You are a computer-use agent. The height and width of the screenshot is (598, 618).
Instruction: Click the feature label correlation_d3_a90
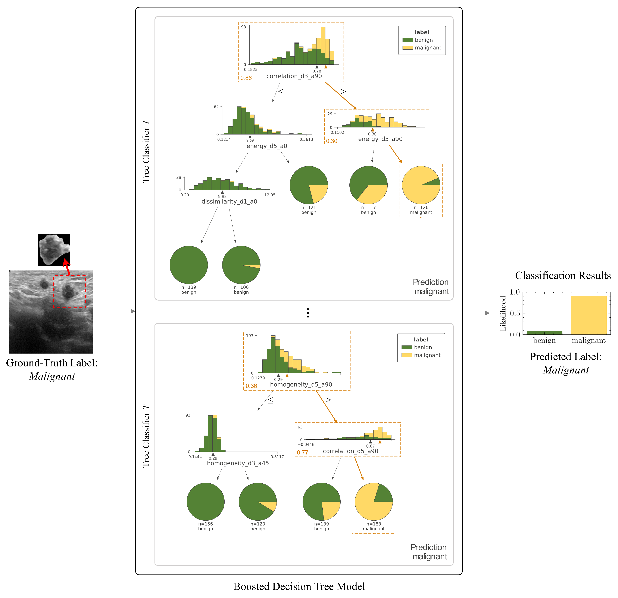coord(294,76)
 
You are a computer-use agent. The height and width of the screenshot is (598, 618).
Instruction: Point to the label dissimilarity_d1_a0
coord(229,202)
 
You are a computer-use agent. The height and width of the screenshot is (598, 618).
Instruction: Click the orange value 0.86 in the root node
coord(246,78)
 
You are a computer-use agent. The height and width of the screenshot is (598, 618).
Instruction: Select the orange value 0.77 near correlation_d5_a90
coord(302,452)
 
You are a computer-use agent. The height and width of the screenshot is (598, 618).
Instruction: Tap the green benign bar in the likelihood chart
coord(544,332)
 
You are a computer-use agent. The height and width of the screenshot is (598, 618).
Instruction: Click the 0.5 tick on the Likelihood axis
coord(515,313)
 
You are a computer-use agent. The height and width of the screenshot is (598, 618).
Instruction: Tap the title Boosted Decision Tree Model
coord(299,586)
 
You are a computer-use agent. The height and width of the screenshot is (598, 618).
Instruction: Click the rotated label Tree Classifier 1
coord(146,151)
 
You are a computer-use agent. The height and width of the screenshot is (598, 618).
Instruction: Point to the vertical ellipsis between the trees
coord(308,313)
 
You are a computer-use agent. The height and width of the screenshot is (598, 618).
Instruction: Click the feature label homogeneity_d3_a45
coord(238,463)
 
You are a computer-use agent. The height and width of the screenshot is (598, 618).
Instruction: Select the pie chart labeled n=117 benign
coord(368,185)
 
